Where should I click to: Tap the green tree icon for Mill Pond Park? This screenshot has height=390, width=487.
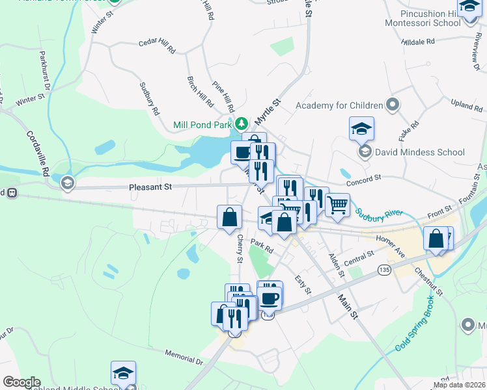tap(242, 123)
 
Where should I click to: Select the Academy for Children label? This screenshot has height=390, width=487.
tap(339, 105)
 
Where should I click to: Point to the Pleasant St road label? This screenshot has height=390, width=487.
tap(150, 187)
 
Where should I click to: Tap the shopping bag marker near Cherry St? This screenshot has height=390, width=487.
tap(230, 218)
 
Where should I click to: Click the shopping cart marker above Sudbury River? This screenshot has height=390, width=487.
tap(337, 205)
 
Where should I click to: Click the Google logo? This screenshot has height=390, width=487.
tap(21, 382)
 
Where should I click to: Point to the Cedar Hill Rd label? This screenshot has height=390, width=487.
tap(158, 45)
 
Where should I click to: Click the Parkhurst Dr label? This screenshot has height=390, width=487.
tap(45, 71)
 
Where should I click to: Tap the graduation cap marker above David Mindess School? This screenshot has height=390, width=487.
tap(361, 128)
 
